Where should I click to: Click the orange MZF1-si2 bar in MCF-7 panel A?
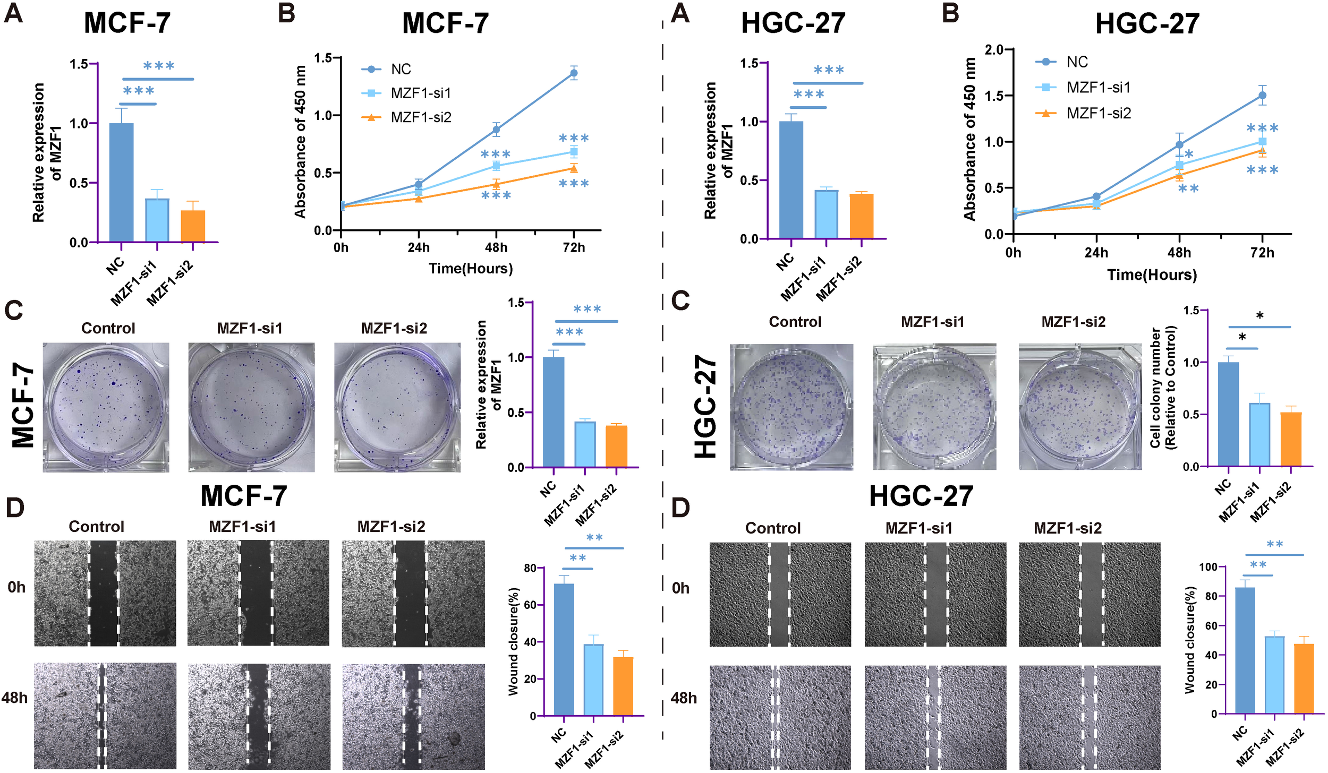tap(193, 226)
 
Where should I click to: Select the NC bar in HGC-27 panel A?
tap(791, 180)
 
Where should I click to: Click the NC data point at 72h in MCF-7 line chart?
tap(574, 73)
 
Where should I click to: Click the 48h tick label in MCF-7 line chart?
tap(496, 247)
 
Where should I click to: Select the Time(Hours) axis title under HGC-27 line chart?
tap(1152, 275)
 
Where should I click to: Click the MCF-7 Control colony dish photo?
tap(106, 407)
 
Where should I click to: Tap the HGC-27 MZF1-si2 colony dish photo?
tap(1080, 407)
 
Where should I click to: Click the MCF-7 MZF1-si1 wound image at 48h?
tap(259, 716)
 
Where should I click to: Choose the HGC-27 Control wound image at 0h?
tap(780, 594)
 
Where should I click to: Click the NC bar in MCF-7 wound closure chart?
tap(564, 649)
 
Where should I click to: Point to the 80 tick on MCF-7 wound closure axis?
tap(530, 568)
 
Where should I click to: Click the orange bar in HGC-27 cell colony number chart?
tap(1291, 439)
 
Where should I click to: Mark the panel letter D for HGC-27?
tap(680, 508)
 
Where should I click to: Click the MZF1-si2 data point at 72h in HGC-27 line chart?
tap(1262, 151)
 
